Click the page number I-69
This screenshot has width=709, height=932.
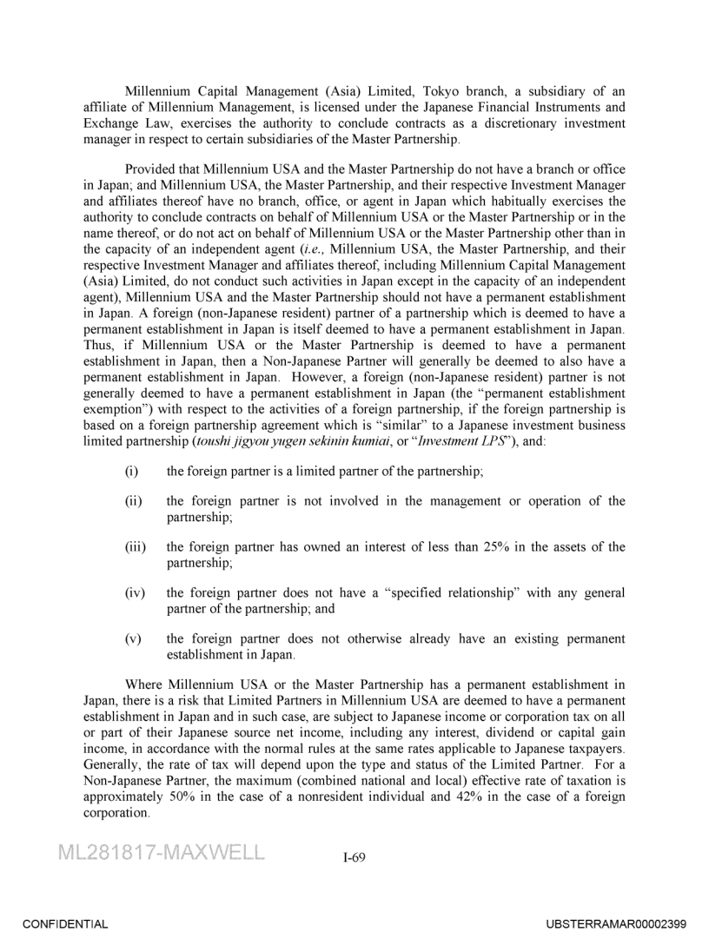(x=354, y=858)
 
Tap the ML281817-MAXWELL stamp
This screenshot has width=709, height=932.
(x=162, y=852)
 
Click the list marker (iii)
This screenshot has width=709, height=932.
(x=135, y=546)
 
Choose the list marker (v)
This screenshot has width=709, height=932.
(x=133, y=638)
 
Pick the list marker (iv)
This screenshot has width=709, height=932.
(x=134, y=592)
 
